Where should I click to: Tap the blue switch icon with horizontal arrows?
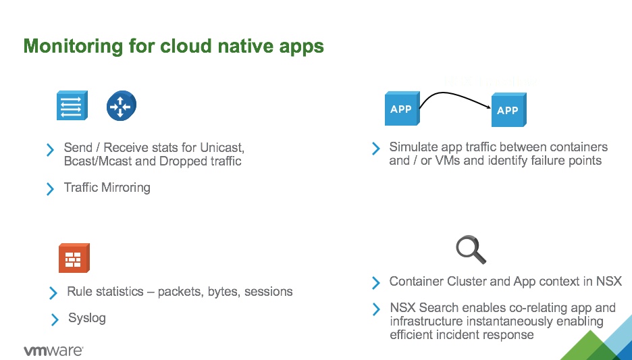coord(71,107)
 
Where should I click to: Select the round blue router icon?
coord(121,107)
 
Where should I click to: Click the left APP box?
coord(401,109)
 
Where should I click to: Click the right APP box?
coord(508,110)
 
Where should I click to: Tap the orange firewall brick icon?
coord(74,258)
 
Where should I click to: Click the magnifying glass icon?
coord(471,249)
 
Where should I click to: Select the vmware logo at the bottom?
coord(53,351)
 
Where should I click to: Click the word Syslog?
coord(87,318)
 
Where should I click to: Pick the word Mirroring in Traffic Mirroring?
coord(126,188)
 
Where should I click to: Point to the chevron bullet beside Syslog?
coord(55,319)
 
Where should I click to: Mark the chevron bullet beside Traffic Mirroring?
coord(50,189)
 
